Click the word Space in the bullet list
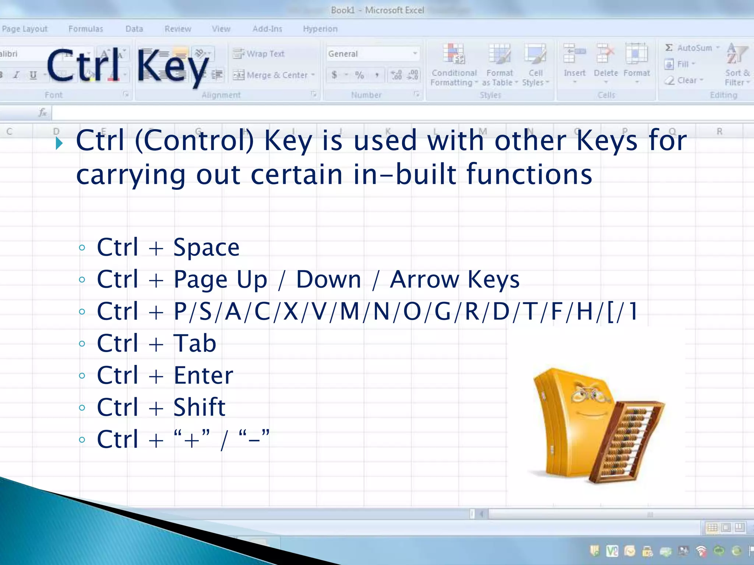206,248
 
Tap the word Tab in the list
194,344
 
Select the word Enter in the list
203,376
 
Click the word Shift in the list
199,408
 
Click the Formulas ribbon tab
85,29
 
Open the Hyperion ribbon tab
320,29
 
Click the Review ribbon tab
178,29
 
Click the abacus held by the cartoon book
626,441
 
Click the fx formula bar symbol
43,112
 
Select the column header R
719,131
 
